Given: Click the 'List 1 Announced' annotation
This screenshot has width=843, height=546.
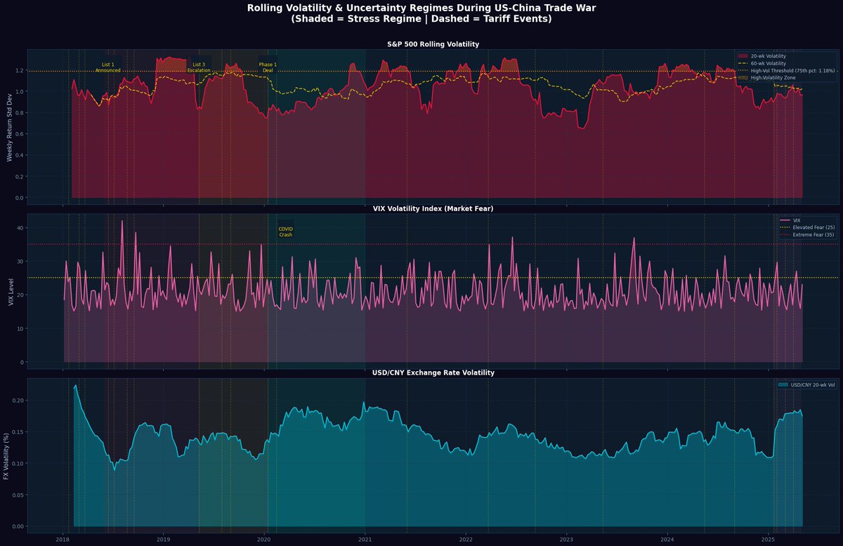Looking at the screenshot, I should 107,67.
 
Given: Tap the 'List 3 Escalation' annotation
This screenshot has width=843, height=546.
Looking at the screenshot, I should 199,67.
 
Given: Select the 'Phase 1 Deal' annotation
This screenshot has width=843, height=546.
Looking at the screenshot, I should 268,67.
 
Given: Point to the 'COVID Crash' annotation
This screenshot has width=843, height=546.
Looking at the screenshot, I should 285,232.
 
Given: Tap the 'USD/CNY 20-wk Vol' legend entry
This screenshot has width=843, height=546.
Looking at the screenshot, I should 808,384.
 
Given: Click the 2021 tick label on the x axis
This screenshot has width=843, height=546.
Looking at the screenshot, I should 365,539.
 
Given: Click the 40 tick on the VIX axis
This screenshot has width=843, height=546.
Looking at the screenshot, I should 21,228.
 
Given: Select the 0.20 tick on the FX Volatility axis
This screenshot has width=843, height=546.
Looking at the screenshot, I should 18,401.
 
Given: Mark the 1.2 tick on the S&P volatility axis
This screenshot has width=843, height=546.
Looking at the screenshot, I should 20,71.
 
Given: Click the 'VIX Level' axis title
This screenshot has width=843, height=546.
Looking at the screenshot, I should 10,290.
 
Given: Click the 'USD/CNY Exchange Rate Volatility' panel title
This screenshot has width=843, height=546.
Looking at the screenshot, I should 433,372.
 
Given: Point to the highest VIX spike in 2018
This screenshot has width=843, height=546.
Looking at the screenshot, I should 122,221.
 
